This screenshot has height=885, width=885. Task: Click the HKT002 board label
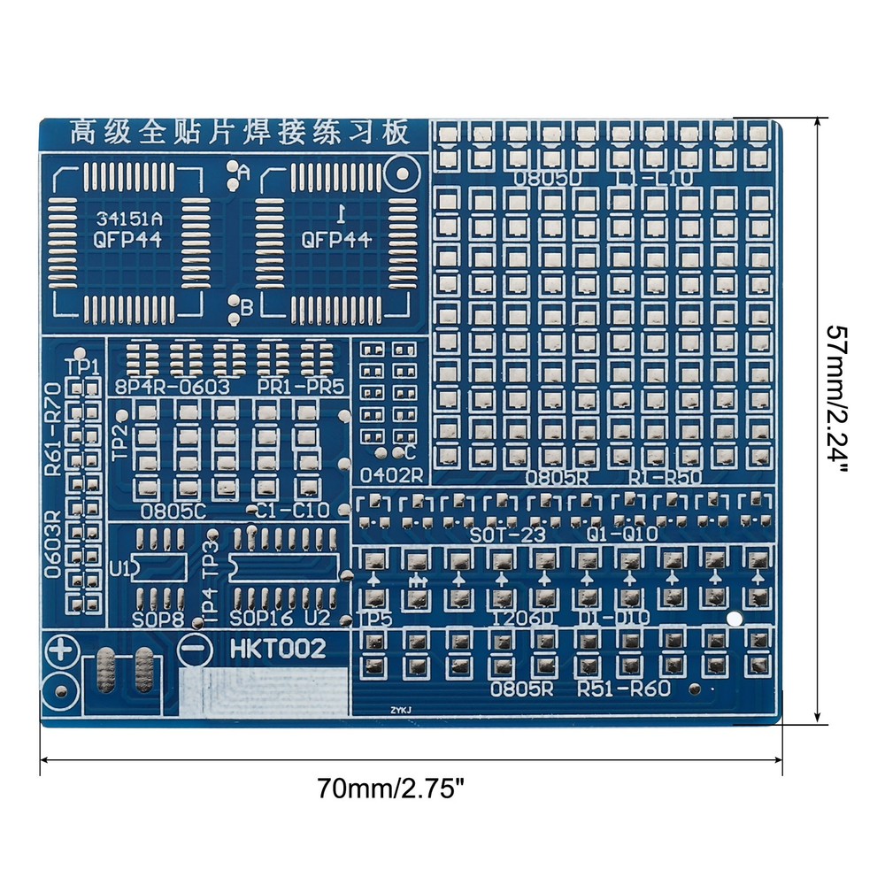pos(278,649)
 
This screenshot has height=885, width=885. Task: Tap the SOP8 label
pos(158,618)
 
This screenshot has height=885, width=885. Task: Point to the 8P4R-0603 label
pos(173,387)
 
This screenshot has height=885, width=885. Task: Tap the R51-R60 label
pos(623,689)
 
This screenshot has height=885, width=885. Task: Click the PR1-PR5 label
pos(301,387)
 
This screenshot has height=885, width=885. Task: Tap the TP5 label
pos(376,619)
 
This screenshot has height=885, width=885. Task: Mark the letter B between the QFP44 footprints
pos(246,307)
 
